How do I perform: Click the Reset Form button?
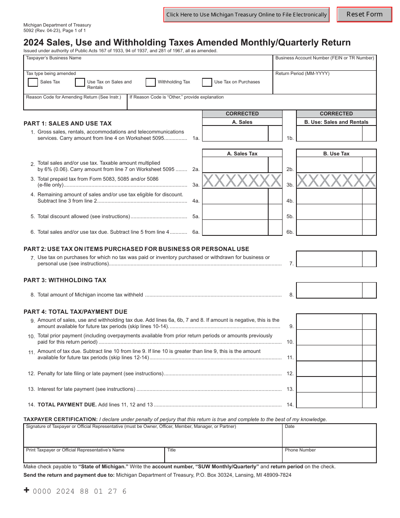click(x=364, y=14)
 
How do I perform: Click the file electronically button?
click(x=246, y=15)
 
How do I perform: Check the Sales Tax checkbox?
click(x=33, y=82)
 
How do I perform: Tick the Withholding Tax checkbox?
click(x=151, y=82)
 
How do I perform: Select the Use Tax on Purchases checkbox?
click(x=207, y=82)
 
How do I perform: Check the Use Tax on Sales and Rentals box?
click(x=80, y=82)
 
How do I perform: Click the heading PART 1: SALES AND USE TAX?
click(x=68, y=123)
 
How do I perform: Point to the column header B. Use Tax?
click(x=336, y=154)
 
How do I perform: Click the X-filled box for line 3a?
click(x=242, y=181)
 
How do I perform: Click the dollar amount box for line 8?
click(x=329, y=291)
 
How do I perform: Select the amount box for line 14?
click(x=329, y=400)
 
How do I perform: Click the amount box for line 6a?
click(x=235, y=228)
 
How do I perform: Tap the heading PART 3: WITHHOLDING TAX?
click(x=65, y=280)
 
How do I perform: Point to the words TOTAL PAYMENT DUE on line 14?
click(x=67, y=405)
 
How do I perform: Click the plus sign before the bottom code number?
click(x=27, y=490)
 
